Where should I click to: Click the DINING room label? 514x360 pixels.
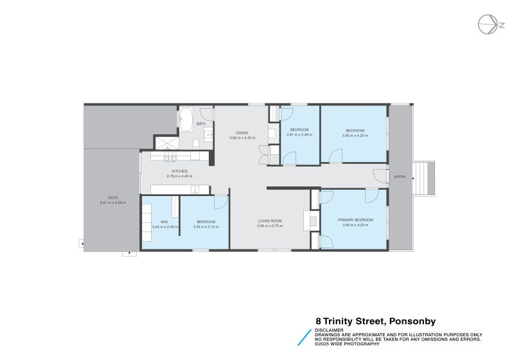242,132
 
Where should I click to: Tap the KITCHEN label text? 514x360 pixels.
179,171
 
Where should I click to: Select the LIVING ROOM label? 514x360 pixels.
269,221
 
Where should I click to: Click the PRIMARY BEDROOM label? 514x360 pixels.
355,221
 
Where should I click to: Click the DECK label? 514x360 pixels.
112,197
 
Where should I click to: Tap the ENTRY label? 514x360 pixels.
400,177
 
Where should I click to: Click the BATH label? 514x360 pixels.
201,123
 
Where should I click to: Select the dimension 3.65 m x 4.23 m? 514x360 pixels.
355,136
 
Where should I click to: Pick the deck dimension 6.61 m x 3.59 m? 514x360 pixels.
112,203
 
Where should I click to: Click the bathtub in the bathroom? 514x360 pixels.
185,118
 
